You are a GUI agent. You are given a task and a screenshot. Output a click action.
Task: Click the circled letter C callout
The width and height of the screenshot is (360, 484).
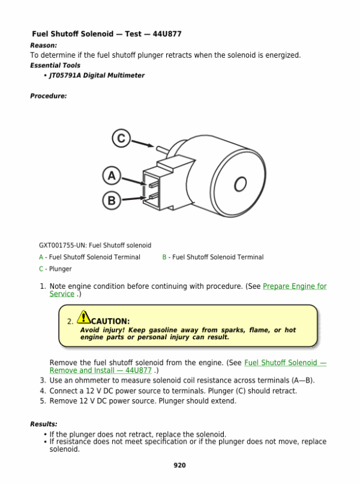tap(121, 138)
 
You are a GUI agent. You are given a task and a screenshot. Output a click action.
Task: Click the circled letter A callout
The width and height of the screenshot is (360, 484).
tap(112, 175)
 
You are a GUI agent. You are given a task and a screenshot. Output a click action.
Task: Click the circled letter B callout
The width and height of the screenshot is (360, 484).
tap(112, 201)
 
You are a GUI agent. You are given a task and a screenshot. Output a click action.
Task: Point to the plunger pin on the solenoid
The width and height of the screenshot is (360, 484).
tap(163, 149)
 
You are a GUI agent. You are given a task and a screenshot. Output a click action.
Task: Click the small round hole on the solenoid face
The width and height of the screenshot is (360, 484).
tap(241, 184)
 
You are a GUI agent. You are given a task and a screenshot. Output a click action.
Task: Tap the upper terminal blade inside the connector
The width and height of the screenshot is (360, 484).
tap(154, 184)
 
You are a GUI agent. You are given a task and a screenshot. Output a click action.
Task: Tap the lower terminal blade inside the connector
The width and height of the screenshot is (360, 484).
tap(154, 196)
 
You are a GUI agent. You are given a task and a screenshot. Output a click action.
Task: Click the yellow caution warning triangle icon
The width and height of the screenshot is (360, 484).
tap(83, 316)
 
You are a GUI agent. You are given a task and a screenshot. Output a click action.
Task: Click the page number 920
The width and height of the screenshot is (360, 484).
tap(179, 465)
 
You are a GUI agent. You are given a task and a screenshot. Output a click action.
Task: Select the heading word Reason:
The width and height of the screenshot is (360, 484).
tap(43, 46)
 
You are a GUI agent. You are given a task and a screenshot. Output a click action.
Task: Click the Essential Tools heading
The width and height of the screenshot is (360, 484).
tap(55, 65)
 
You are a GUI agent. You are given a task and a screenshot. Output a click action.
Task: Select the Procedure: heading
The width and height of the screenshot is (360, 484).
tap(49, 96)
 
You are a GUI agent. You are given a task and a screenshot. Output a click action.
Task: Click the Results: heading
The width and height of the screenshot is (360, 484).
tap(44, 424)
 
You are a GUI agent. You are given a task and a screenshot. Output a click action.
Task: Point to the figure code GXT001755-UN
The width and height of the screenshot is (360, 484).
tap(62, 246)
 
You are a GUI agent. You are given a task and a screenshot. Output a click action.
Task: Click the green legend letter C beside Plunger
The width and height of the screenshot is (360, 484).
tap(41, 269)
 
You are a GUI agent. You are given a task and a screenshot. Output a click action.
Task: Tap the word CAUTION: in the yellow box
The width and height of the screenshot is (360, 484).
tap(110, 321)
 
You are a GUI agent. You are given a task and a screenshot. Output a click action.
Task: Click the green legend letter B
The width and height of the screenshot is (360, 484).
tap(164, 257)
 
